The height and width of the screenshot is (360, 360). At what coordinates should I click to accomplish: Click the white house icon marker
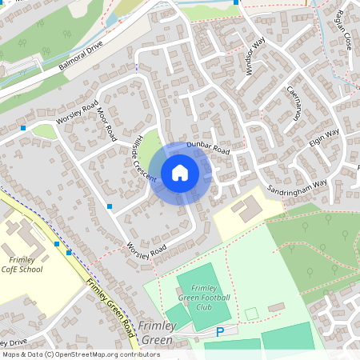180,173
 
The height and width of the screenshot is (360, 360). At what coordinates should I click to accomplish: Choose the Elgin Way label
324,136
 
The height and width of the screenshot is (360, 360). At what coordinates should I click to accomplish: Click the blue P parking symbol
219,330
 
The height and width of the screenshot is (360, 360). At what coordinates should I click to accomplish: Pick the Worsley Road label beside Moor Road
78,118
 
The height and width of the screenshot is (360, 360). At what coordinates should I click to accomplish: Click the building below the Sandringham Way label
248,209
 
